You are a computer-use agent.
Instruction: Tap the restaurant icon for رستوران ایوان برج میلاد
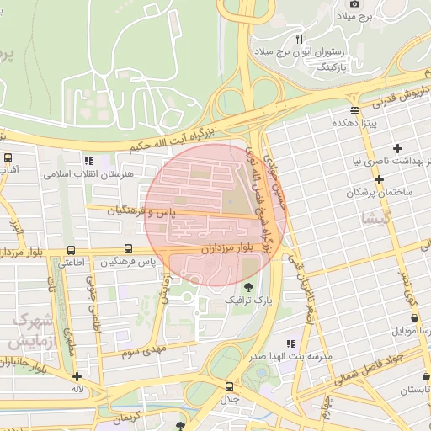(x=299, y=39)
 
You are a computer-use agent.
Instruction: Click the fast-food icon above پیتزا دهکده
(x=354, y=109)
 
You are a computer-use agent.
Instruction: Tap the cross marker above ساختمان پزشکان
(x=380, y=179)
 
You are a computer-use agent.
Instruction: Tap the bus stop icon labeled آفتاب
(x=8, y=157)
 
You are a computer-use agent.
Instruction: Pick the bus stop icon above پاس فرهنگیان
(x=128, y=248)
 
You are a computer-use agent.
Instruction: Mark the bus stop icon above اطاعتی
(x=71, y=250)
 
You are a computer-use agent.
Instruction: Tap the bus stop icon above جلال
(x=229, y=386)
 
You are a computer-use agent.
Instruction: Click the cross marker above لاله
(x=77, y=377)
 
